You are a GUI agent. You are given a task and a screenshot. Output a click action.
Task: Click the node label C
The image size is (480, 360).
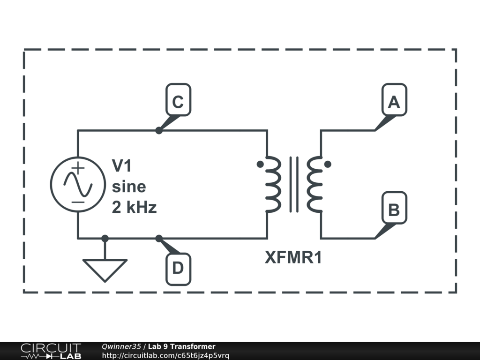tap(178, 100)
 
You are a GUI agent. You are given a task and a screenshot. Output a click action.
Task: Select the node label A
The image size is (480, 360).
tap(394, 100)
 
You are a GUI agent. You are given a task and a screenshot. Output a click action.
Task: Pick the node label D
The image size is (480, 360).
tap(178, 269)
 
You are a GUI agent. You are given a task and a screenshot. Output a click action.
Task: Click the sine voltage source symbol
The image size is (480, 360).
tap(78, 184)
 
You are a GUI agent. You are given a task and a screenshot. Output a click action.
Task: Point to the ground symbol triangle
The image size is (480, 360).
tap(105, 270)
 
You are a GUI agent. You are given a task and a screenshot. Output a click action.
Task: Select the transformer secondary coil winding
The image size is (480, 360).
tap(315, 184)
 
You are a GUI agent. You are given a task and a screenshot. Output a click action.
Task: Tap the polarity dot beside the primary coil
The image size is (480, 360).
tap(260, 165)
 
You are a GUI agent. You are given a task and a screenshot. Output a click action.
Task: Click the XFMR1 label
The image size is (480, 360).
tap(293, 258)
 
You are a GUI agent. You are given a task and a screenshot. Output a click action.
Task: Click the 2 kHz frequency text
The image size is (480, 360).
tap(134, 207)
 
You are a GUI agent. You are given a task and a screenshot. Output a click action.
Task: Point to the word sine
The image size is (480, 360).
tap(128, 187)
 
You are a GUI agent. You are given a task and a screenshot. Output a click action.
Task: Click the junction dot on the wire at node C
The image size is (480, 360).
tap(159, 131)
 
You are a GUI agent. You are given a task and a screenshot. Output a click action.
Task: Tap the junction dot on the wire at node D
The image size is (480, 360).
tap(159, 238)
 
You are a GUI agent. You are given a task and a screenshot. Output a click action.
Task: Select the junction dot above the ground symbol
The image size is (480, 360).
tap(105, 238)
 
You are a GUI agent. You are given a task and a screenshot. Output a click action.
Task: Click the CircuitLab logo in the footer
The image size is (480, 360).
tap(51, 351)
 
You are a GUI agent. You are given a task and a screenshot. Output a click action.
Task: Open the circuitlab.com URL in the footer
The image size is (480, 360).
tap(165, 356)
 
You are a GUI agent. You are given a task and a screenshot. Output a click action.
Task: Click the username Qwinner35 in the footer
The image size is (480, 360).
tap(121, 347)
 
